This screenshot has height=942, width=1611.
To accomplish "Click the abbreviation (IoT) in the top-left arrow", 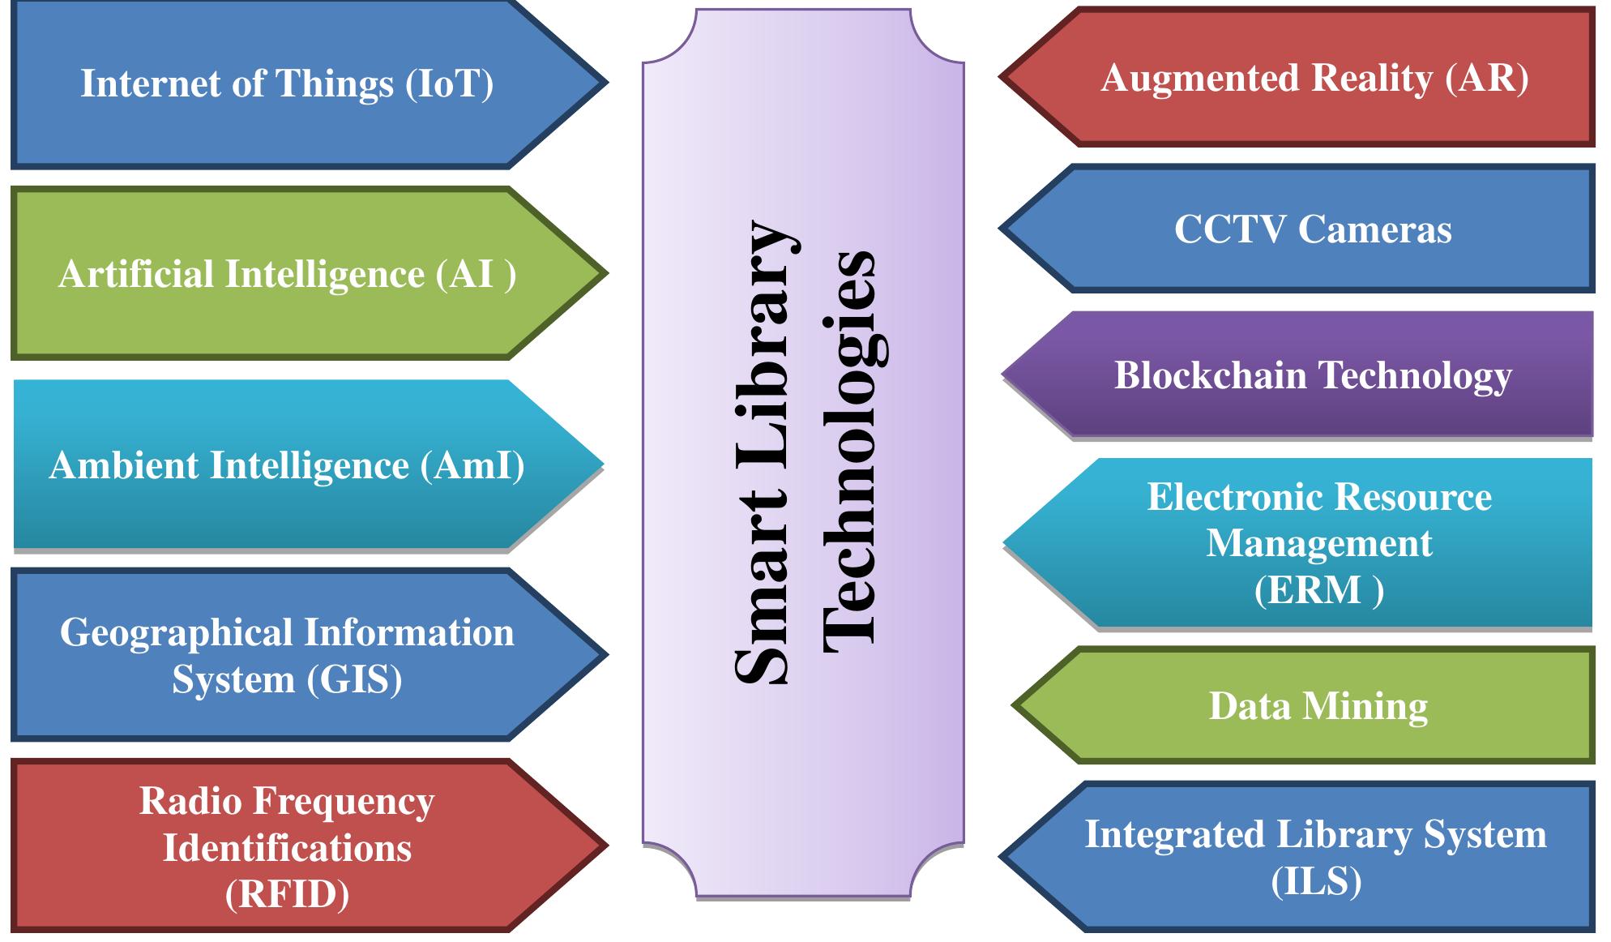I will point(449,83).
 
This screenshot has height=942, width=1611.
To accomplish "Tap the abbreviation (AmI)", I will point(472,465).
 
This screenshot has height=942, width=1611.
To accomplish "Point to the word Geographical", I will point(176,632).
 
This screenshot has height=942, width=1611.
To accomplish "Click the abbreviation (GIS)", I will point(354,679).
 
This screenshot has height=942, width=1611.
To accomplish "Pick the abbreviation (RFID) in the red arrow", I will point(287,894).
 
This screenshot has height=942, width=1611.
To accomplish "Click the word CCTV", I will point(1230,229).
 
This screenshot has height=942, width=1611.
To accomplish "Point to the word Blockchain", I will point(1211,375).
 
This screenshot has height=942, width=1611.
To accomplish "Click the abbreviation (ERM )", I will point(1318,589).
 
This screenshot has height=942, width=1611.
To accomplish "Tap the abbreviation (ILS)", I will point(1316,881).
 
